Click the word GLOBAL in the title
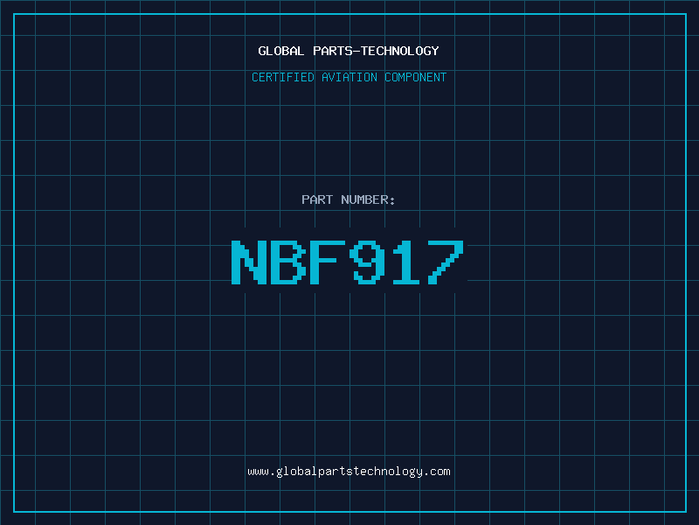(280, 51)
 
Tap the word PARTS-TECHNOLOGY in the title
(376, 51)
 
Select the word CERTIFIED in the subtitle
(282, 77)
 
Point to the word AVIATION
(349, 77)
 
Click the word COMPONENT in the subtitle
(416, 77)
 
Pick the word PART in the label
(317, 199)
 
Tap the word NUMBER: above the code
(368, 199)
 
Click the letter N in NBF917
(249, 262)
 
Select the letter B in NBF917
(288, 262)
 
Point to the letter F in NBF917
(328, 262)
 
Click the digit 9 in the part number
(367, 262)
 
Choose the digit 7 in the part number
(446, 262)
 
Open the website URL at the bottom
(349, 472)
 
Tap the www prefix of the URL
(258, 472)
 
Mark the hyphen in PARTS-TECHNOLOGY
(356, 52)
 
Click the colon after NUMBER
(392, 201)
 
